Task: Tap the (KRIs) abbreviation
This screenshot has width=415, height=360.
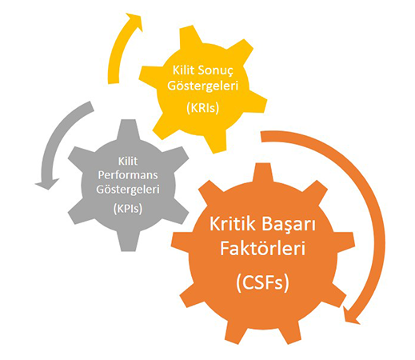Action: [203, 107]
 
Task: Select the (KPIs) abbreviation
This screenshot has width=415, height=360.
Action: [128, 208]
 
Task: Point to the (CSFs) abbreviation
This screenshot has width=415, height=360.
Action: [263, 282]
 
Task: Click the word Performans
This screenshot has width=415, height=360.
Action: [128, 175]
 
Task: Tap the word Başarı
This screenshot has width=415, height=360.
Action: [289, 225]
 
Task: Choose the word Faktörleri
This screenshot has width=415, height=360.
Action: [263, 248]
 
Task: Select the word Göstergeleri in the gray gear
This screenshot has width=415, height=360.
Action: [128, 190]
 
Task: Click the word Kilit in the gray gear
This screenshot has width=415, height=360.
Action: [128, 162]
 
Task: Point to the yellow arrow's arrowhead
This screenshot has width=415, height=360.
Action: [135, 21]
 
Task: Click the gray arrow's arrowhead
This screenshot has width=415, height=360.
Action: [46, 183]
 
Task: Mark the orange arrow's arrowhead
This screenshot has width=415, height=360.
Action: [350, 316]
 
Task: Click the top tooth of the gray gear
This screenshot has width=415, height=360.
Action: [128, 130]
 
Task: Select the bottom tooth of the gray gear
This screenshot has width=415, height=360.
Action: [128, 242]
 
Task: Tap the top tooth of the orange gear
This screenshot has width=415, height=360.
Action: [263, 173]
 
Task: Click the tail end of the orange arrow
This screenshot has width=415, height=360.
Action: [261, 136]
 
